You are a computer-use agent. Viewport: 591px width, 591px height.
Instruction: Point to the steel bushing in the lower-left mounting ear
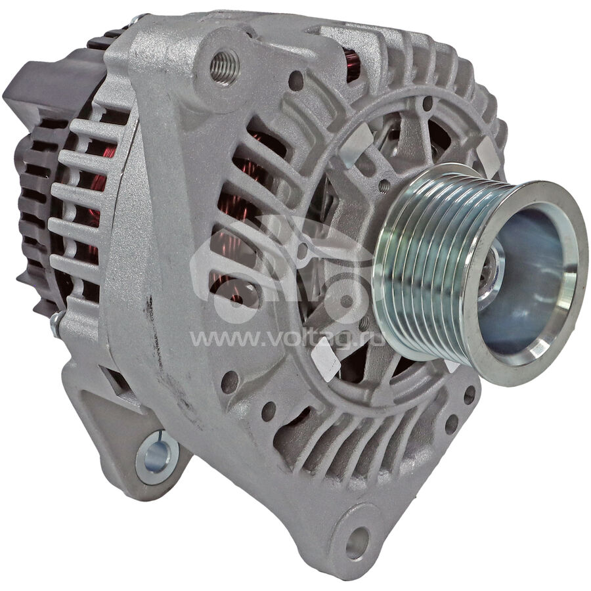coord(157,457)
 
